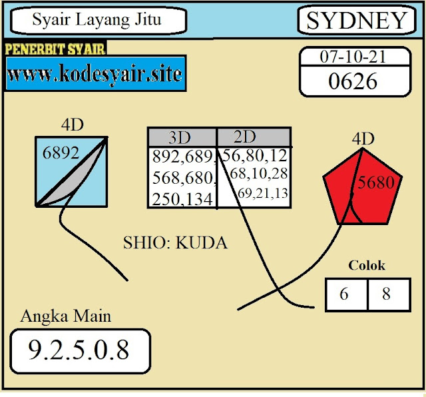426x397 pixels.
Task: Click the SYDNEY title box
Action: pos(357,21)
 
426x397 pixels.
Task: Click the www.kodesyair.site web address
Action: pos(95,73)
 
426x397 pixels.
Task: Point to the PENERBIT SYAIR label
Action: pos(55,49)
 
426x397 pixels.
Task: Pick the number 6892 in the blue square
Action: pos(61,153)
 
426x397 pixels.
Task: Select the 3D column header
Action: pos(180,138)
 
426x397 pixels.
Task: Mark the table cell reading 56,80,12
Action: pos(255,157)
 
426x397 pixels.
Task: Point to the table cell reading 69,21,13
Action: pos(262,193)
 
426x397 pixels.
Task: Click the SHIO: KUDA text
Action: pos(175,243)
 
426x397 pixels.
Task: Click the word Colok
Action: pos(367,265)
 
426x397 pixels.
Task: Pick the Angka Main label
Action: pos(66,316)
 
